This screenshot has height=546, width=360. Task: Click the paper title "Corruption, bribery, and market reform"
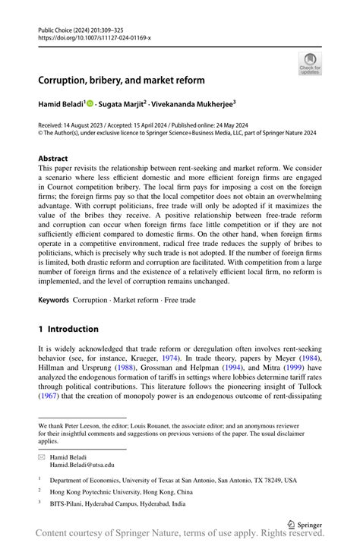pos(122,80)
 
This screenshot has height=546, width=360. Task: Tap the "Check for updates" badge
pos(309,63)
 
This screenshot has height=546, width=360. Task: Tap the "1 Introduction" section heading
pos(68,329)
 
